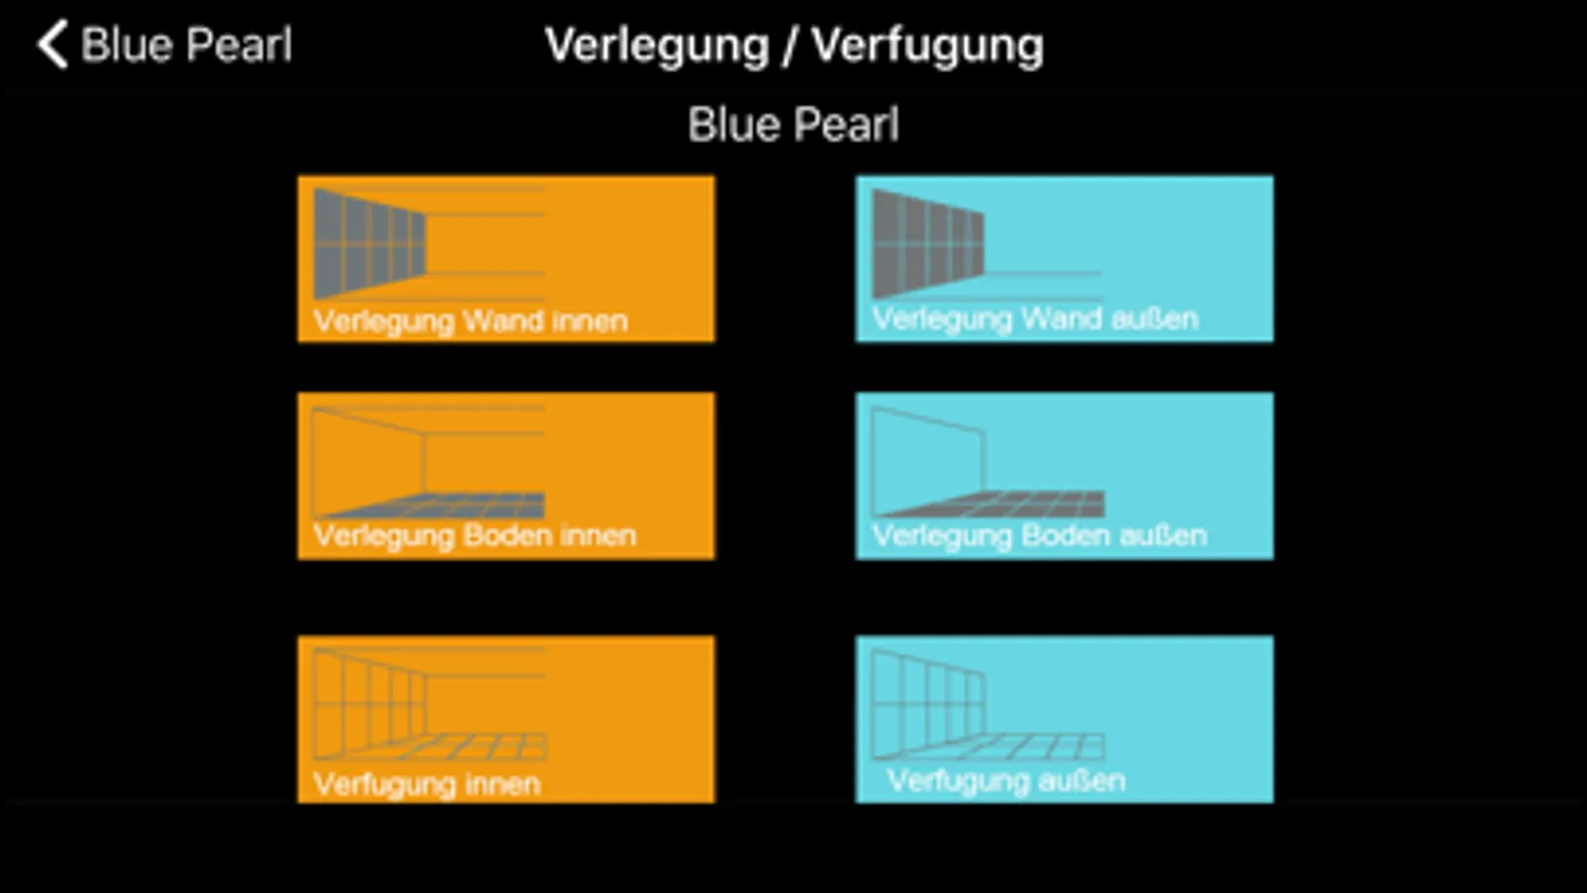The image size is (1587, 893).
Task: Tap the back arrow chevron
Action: click(53, 44)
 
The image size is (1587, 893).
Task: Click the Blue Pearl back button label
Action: click(187, 45)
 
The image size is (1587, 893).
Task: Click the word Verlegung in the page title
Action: click(657, 47)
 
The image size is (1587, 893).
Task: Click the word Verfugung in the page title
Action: click(927, 47)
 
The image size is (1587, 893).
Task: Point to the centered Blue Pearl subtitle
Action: click(794, 125)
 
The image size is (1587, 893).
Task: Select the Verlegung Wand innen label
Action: click(470, 321)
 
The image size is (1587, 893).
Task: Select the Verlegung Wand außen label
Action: click(1035, 319)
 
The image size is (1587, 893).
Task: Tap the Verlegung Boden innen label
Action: click(474, 536)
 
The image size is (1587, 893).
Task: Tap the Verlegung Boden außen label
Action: click(1039, 536)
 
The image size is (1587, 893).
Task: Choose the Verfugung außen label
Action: click(1006, 781)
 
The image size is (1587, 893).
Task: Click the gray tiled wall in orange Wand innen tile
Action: click(369, 244)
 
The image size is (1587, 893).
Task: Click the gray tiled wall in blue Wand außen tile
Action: click(928, 244)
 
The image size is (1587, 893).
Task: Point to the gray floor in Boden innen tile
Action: click(433, 505)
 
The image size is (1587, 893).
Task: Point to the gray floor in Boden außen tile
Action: click(992, 504)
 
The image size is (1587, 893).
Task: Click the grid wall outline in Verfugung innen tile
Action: click(369, 703)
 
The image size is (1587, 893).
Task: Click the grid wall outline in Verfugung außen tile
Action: click(928, 703)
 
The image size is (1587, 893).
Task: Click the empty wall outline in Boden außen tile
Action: click(928, 460)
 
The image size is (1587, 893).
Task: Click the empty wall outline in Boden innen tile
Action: click(369, 461)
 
